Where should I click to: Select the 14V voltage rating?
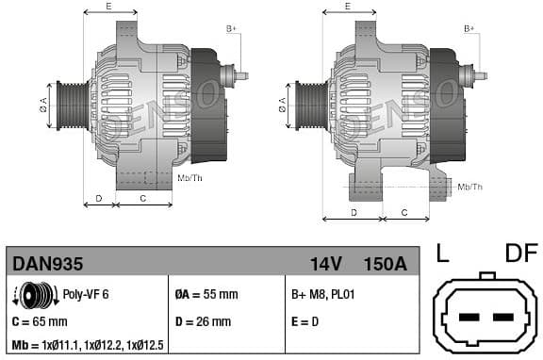326,264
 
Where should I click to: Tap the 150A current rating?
385,264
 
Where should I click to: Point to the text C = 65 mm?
41,321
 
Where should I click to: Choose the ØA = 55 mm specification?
206,294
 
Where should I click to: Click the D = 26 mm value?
203,321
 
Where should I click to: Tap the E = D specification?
306,321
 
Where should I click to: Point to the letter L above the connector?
443,254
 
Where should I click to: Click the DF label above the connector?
521,254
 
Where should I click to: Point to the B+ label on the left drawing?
231,29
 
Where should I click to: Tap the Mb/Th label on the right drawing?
469,187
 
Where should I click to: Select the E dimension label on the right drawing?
347,7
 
